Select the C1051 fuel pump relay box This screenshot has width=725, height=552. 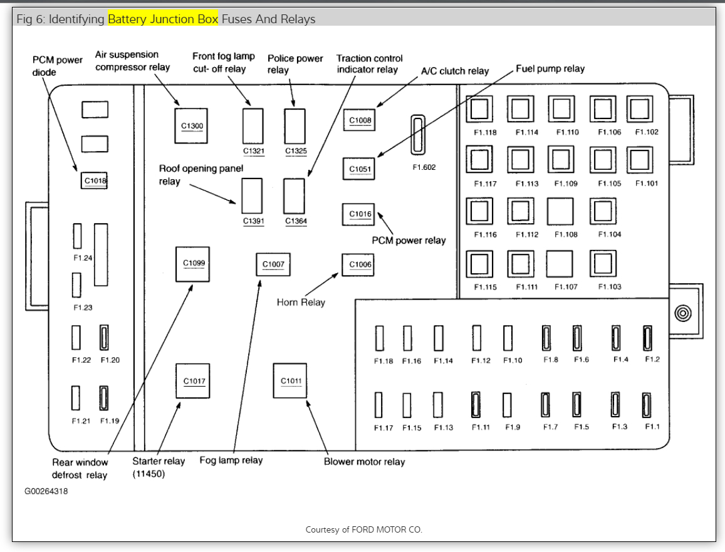click(360, 169)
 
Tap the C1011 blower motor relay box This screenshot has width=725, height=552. click(290, 380)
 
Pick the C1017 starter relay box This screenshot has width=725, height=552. click(193, 380)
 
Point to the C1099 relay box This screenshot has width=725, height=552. click(193, 264)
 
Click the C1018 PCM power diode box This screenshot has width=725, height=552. click(95, 180)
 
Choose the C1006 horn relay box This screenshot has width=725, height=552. click(360, 264)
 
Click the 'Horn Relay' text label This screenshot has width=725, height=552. click(301, 303)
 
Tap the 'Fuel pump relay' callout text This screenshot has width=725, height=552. click(550, 68)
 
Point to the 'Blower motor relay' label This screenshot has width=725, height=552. click(364, 462)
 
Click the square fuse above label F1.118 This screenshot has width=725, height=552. click(479, 109)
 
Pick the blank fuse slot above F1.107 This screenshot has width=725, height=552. click(559, 264)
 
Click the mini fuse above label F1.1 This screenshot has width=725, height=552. click(646, 405)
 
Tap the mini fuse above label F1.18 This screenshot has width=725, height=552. click(380, 338)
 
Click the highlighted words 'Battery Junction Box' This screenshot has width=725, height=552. click(163, 19)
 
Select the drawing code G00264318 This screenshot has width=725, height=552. click(46, 491)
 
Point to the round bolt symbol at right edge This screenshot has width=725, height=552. click(682, 313)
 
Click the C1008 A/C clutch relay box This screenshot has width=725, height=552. click(360, 120)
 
